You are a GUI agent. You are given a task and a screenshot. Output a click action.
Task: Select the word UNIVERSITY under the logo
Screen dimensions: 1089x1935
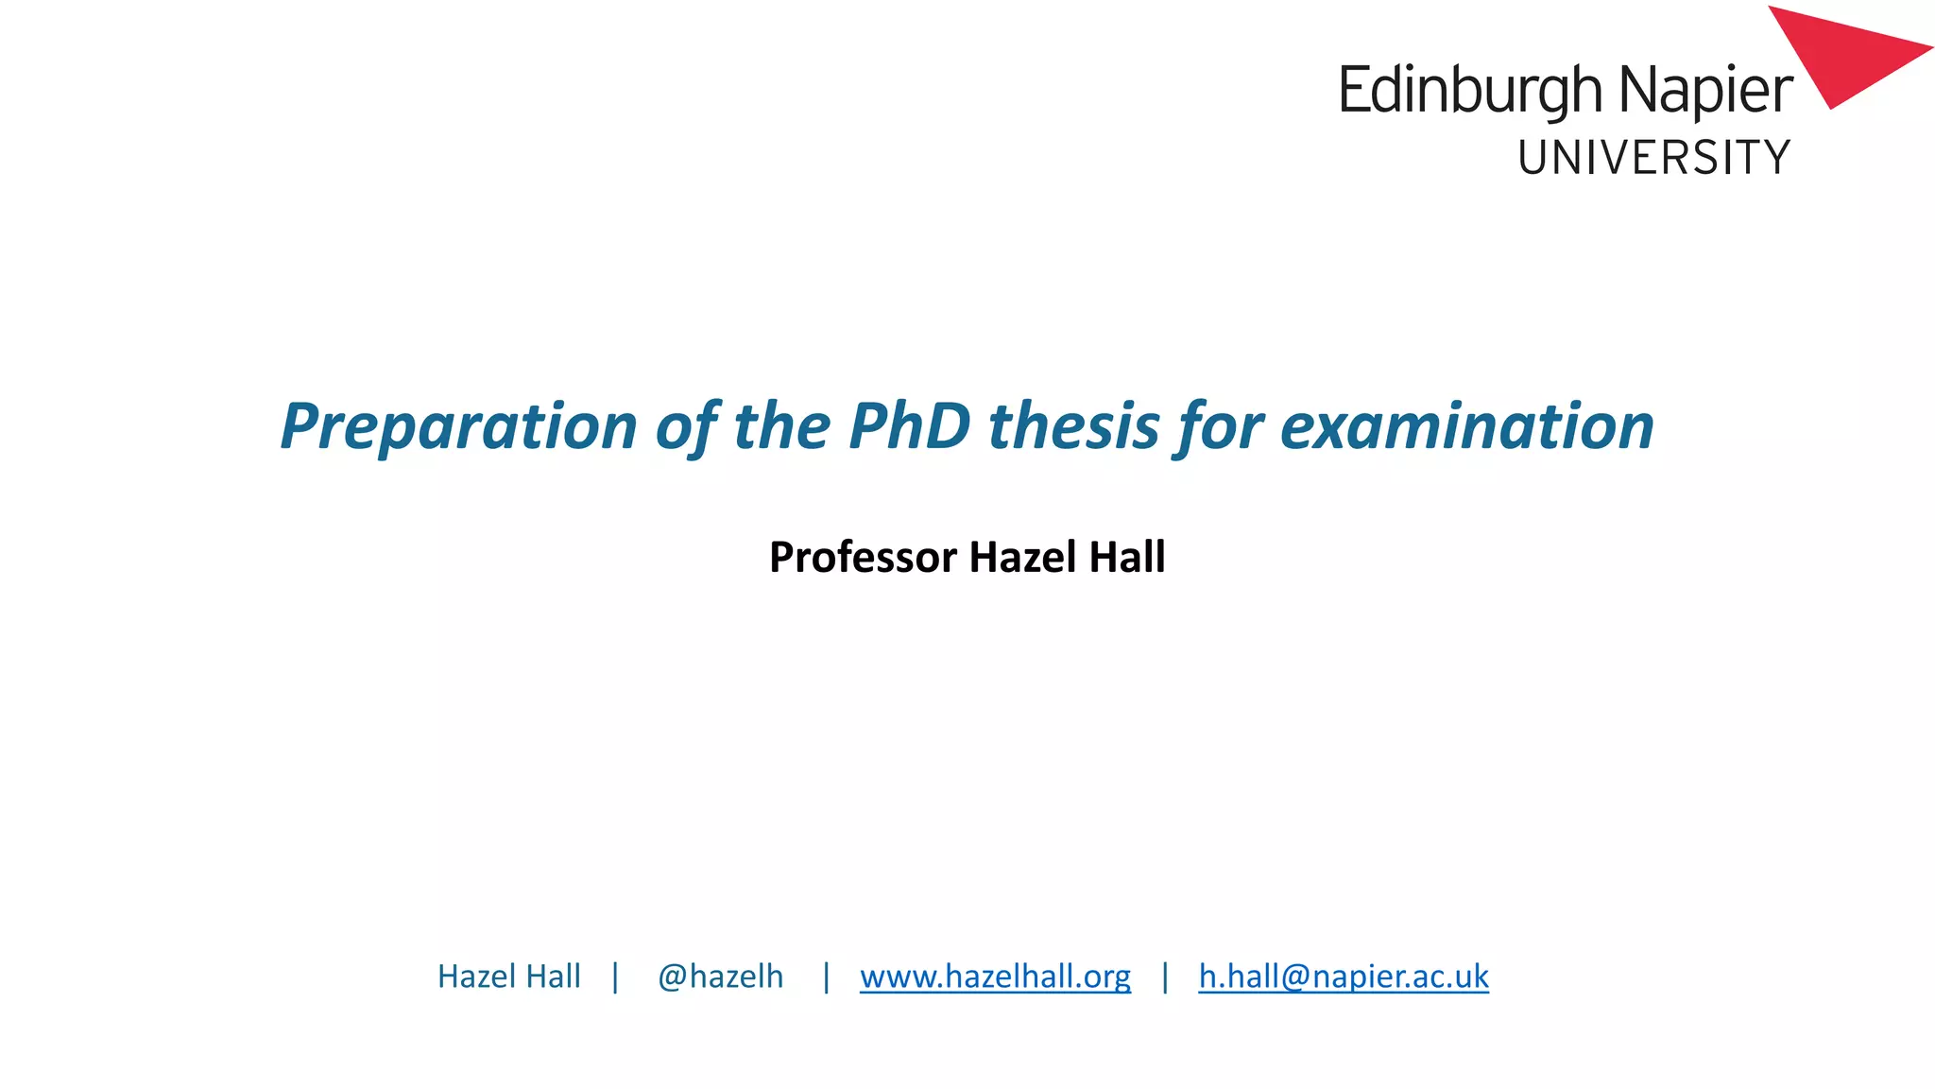click(x=1653, y=158)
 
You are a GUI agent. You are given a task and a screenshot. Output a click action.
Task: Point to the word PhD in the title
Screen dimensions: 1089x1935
click(x=909, y=426)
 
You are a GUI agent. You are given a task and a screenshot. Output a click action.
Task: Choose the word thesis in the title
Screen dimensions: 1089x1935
click(x=1073, y=426)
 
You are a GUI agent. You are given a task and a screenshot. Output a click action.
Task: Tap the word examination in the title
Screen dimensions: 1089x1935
click(x=1466, y=426)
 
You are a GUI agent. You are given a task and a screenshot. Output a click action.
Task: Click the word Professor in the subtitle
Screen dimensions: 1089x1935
click(x=863, y=557)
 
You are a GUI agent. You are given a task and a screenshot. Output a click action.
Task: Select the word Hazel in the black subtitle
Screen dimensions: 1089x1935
click(x=1024, y=557)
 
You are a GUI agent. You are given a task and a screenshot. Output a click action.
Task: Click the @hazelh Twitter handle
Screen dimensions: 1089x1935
click(x=720, y=977)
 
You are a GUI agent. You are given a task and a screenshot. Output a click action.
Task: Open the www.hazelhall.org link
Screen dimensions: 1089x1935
click(x=995, y=977)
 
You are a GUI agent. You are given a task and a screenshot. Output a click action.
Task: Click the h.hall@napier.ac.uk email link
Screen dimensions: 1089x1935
click(x=1344, y=977)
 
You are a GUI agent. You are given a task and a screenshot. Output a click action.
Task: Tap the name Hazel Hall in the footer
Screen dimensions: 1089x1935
click(x=508, y=977)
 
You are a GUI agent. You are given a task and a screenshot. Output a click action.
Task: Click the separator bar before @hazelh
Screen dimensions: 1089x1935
click(x=615, y=977)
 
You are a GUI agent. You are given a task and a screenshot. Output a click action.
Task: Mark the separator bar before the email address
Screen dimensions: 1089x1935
click(x=1165, y=977)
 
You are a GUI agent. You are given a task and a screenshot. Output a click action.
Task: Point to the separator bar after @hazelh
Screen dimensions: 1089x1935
click(x=826, y=977)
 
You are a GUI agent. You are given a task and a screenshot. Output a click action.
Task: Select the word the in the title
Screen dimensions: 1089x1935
click(x=781, y=426)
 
